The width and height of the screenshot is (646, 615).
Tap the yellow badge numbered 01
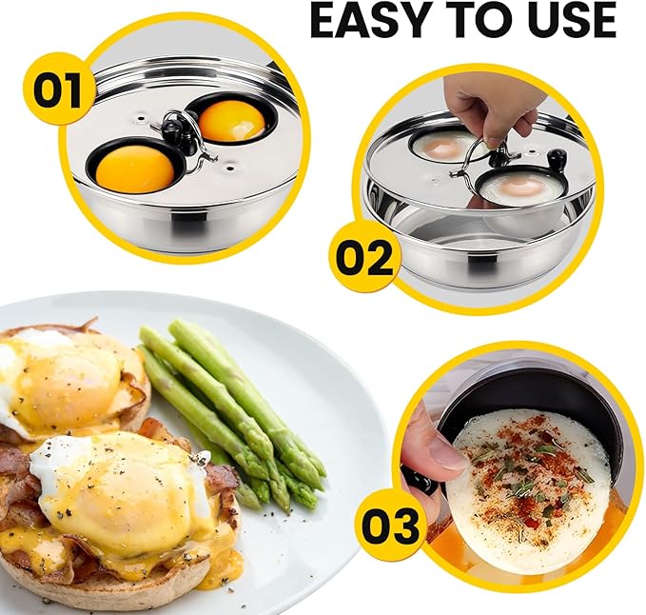point(58,89)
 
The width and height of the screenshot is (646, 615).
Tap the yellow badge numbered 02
point(364,255)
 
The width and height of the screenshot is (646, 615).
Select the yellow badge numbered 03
point(391,526)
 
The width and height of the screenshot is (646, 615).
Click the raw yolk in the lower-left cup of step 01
point(135,169)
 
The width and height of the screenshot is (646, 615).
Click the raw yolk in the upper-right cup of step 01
point(232,119)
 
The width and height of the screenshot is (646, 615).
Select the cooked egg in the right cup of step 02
point(517,188)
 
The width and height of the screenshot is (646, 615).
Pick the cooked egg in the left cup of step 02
point(444,147)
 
